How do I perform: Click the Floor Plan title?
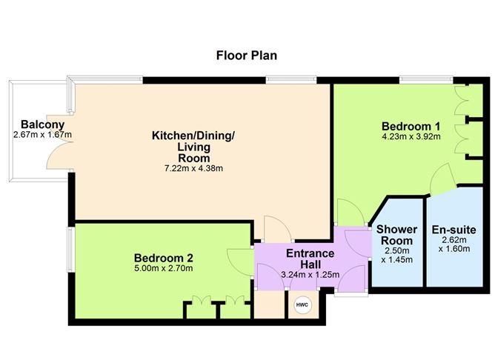247,55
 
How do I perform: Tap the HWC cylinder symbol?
302,305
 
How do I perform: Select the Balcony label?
36,124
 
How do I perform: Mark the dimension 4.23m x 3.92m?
411,136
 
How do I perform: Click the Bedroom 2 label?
163,257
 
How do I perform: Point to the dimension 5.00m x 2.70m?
163,268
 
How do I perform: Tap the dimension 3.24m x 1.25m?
310,275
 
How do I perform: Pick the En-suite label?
454,230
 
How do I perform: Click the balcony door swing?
56,153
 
